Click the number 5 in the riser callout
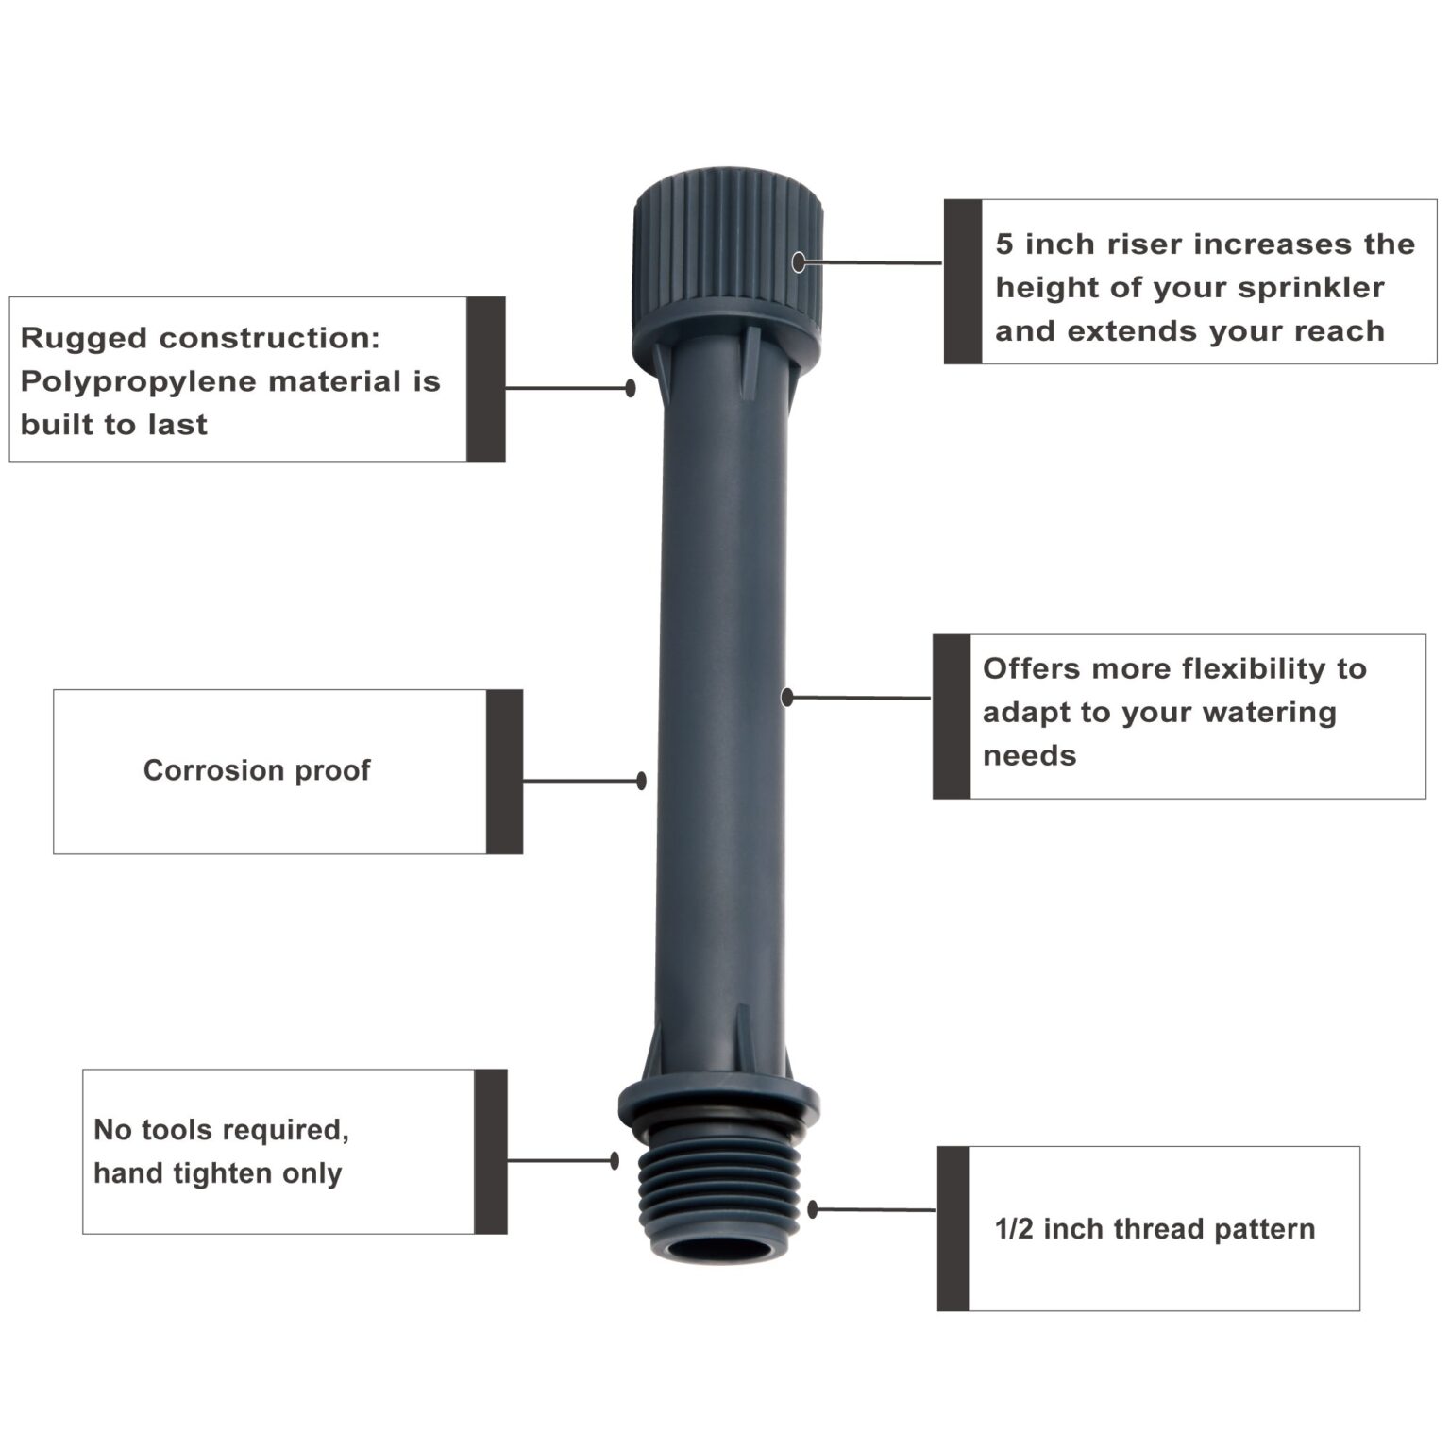(x=1004, y=244)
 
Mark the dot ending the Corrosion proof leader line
(x=642, y=781)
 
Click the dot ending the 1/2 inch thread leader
(x=813, y=1209)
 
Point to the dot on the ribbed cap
(x=799, y=262)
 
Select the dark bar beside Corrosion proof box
(x=504, y=772)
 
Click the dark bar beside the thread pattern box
(x=953, y=1229)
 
